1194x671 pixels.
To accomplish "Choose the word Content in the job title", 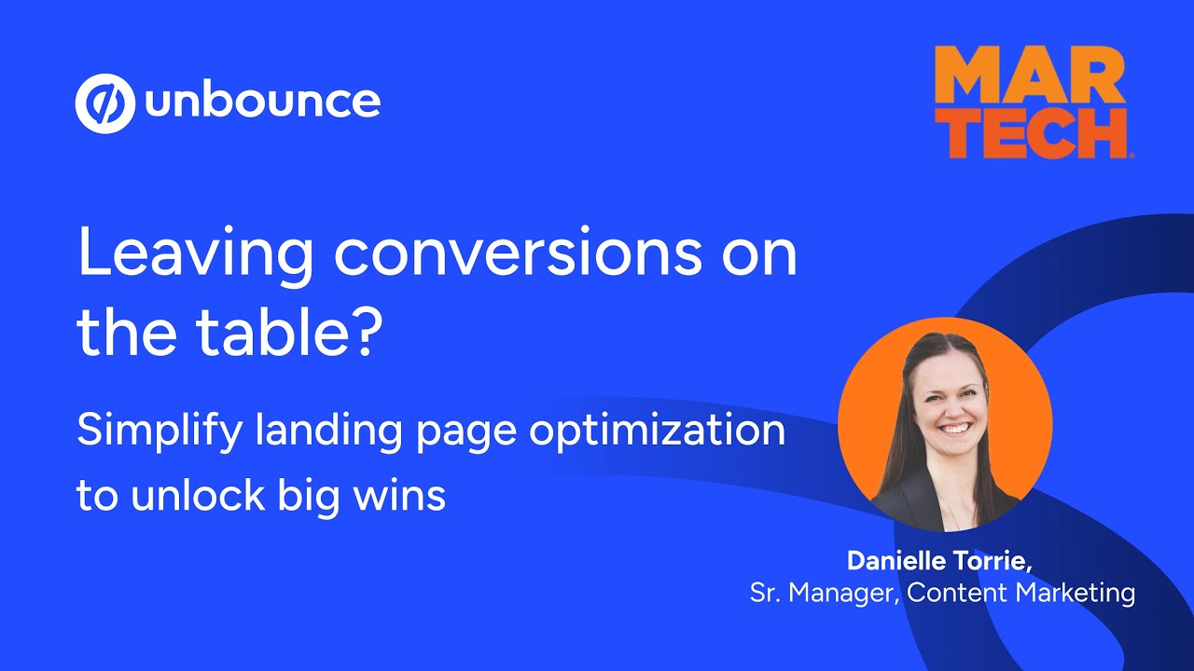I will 951,593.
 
